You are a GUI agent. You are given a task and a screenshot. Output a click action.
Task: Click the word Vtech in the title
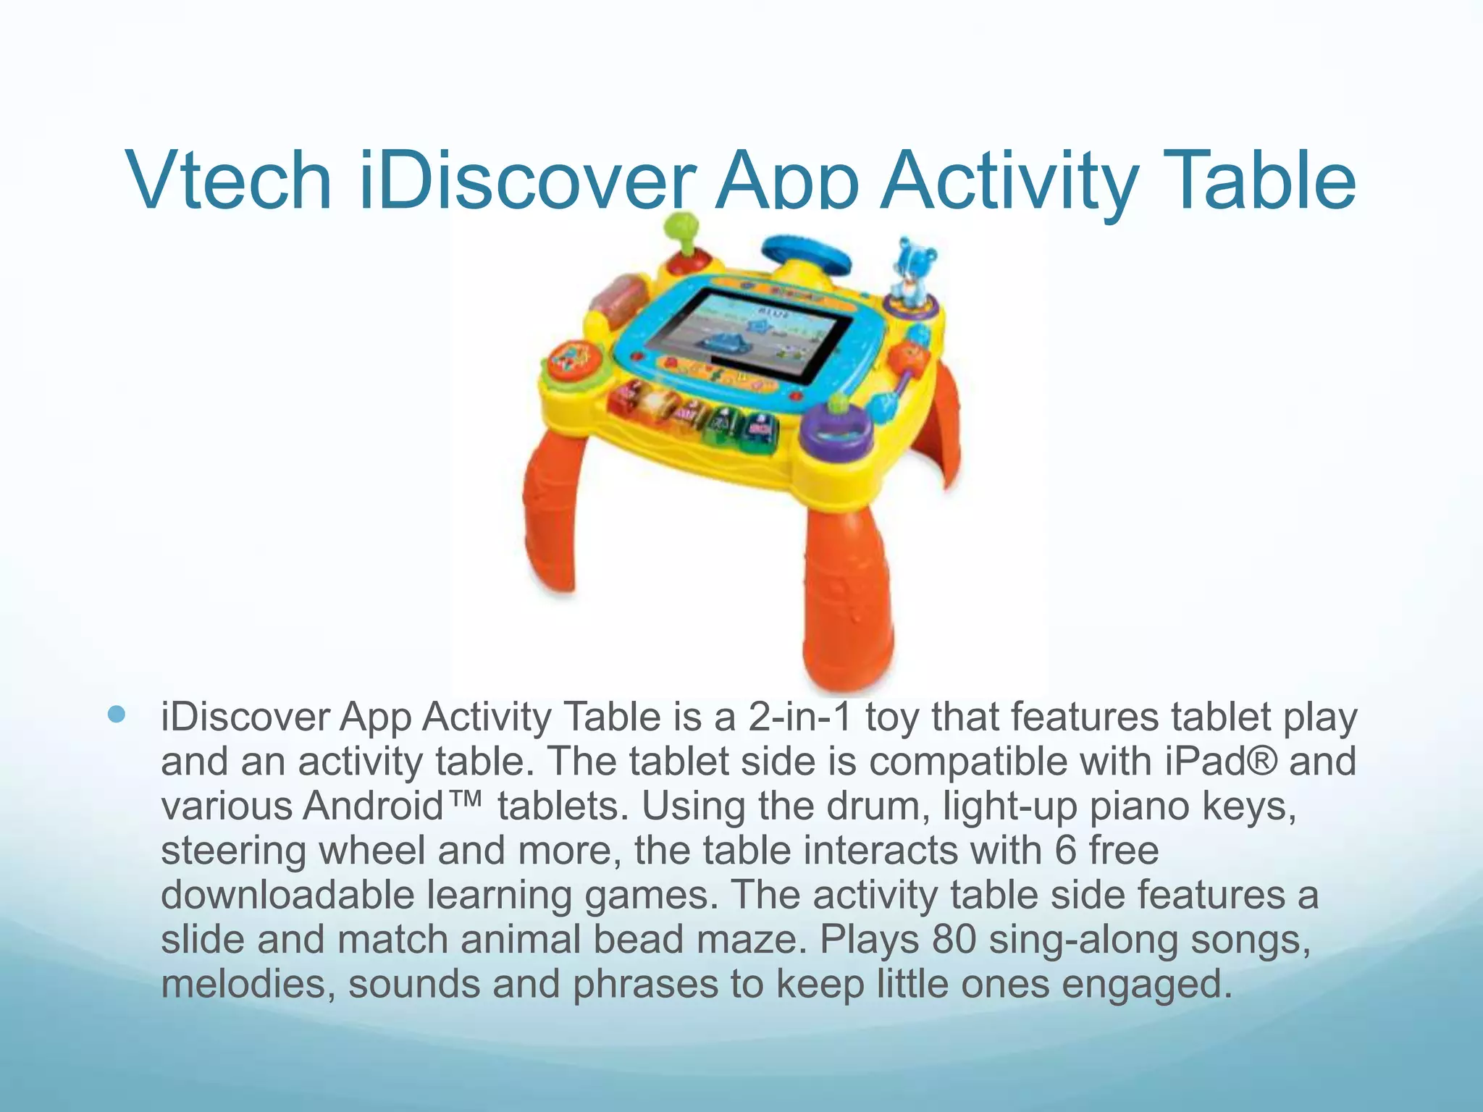click(228, 180)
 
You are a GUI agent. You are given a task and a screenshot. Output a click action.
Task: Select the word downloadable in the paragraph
click(287, 895)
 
